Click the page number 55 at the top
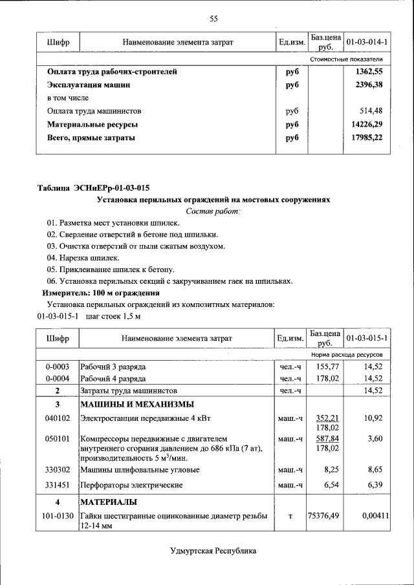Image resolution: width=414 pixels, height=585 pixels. click(x=213, y=18)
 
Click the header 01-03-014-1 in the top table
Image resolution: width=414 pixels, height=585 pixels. click(x=367, y=42)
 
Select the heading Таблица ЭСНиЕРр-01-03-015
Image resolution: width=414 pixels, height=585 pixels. click(x=93, y=188)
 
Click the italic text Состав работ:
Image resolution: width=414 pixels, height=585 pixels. click(x=213, y=211)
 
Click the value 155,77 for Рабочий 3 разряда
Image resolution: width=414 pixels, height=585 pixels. click(x=325, y=367)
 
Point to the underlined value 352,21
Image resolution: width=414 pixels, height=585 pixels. click(x=325, y=418)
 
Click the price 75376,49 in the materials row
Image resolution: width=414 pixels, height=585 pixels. click(x=325, y=515)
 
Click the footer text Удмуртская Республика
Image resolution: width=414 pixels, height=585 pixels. click(x=213, y=551)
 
